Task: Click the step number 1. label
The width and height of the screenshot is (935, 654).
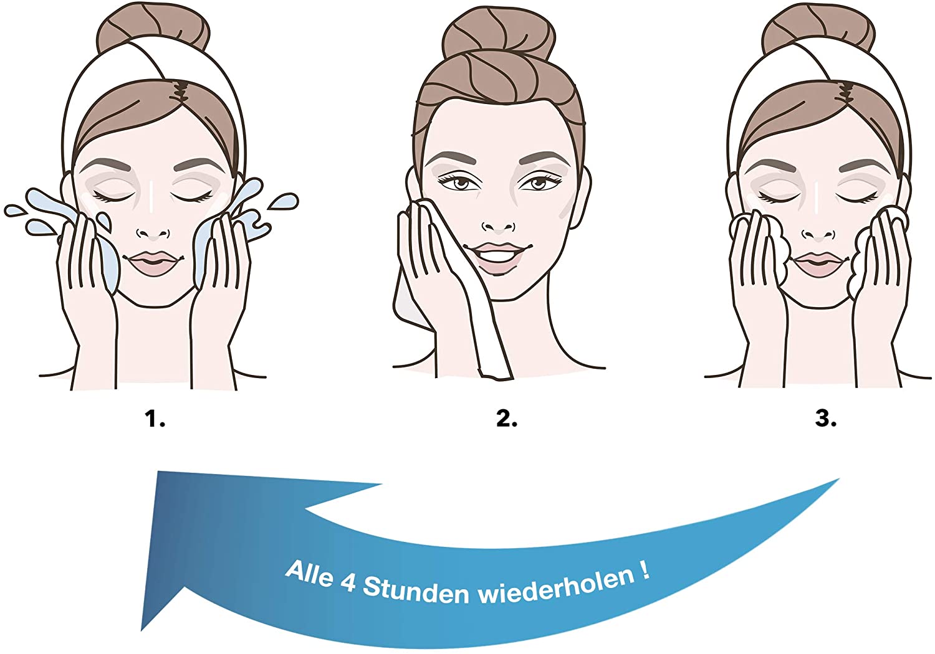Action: [155, 419]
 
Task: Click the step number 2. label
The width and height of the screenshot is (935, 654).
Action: [507, 419]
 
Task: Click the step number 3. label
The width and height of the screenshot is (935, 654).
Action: [826, 419]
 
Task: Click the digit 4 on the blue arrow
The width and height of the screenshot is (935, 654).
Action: [347, 581]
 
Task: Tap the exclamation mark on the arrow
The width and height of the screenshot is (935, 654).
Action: [643, 570]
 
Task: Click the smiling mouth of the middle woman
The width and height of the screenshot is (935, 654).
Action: [497, 254]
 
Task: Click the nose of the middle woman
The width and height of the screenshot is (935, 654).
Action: [499, 227]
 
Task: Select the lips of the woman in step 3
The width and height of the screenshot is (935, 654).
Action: [818, 263]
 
